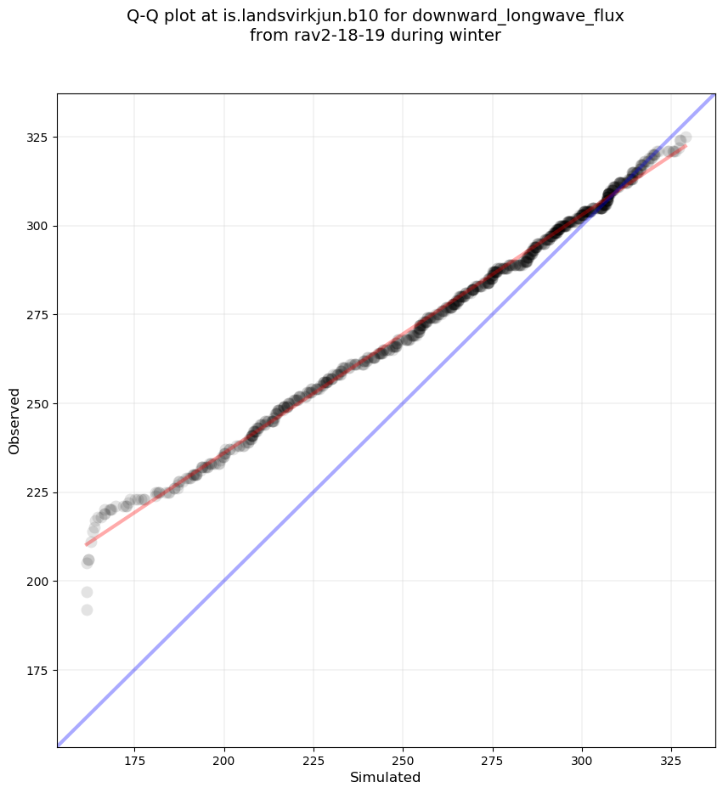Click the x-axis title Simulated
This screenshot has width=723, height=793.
tap(386, 777)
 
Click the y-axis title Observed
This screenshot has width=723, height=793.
tap(14, 420)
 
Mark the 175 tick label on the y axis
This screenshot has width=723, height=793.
tap(40, 671)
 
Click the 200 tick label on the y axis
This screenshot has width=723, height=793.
tap(40, 582)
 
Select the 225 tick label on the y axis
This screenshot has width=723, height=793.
tap(40, 492)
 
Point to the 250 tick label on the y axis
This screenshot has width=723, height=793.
tap(40, 403)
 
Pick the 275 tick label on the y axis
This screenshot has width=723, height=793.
tap(40, 315)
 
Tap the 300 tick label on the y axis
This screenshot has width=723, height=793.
tap(40, 226)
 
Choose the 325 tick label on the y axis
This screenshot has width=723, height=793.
tap(40, 138)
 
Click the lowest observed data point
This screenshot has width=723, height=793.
tap(87, 610)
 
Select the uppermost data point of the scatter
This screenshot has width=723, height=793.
tap(686, 137)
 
